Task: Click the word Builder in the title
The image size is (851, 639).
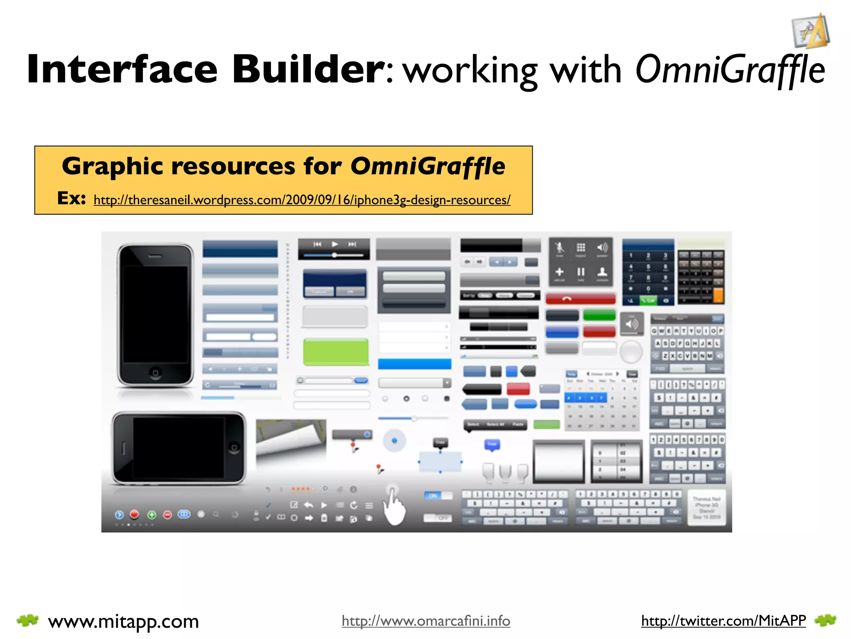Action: (x=308, y=69)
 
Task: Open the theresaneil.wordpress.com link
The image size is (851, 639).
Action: (x=302, y=200)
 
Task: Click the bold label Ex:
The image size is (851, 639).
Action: (x=71, y=198)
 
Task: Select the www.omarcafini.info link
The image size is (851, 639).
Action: (x=425, y=621)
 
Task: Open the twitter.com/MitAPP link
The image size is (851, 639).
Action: (x=723, y=621)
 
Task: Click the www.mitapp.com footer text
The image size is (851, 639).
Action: (x=123, y=622)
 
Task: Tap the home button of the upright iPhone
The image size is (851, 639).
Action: (x=155, y=372)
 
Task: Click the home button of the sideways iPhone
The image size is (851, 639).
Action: (x=234, y=448)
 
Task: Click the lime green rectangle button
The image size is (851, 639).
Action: (x=336, y=352)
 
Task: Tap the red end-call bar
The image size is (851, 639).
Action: (x=580, y=299)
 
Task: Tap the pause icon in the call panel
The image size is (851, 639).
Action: (x=580, y=272)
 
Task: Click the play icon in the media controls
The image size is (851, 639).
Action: (x=335, y=244)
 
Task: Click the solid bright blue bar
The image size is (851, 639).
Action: (x=414, y=364)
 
